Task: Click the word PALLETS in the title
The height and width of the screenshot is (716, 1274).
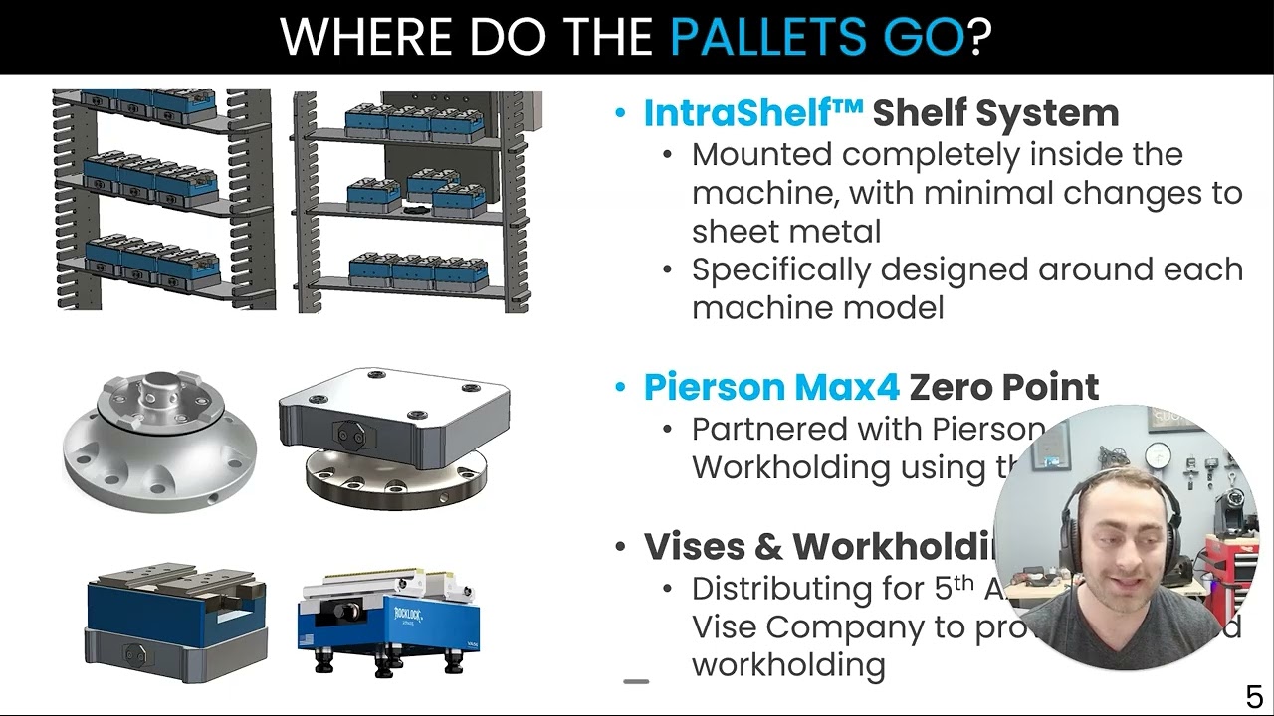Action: coord(764,37)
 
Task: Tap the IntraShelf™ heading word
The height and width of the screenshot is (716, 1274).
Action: coord(752,113)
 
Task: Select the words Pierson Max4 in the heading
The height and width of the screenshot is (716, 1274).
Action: coord(771,387)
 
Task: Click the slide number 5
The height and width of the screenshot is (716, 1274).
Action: coord(1254,696)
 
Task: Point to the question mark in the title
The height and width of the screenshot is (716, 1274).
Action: coord(979,37)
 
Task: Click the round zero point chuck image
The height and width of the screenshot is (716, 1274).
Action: coord(159,438)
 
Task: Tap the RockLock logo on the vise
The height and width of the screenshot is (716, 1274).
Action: coord(408,615)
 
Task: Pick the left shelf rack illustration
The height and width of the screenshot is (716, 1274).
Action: coord(161,199)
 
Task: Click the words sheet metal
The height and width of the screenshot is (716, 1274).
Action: coord(786,232)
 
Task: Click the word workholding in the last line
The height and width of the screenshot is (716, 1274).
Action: coord(788,665)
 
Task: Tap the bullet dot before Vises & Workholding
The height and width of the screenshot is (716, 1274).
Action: coord(621,547)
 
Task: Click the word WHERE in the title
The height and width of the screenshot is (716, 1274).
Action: coord(367,37)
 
